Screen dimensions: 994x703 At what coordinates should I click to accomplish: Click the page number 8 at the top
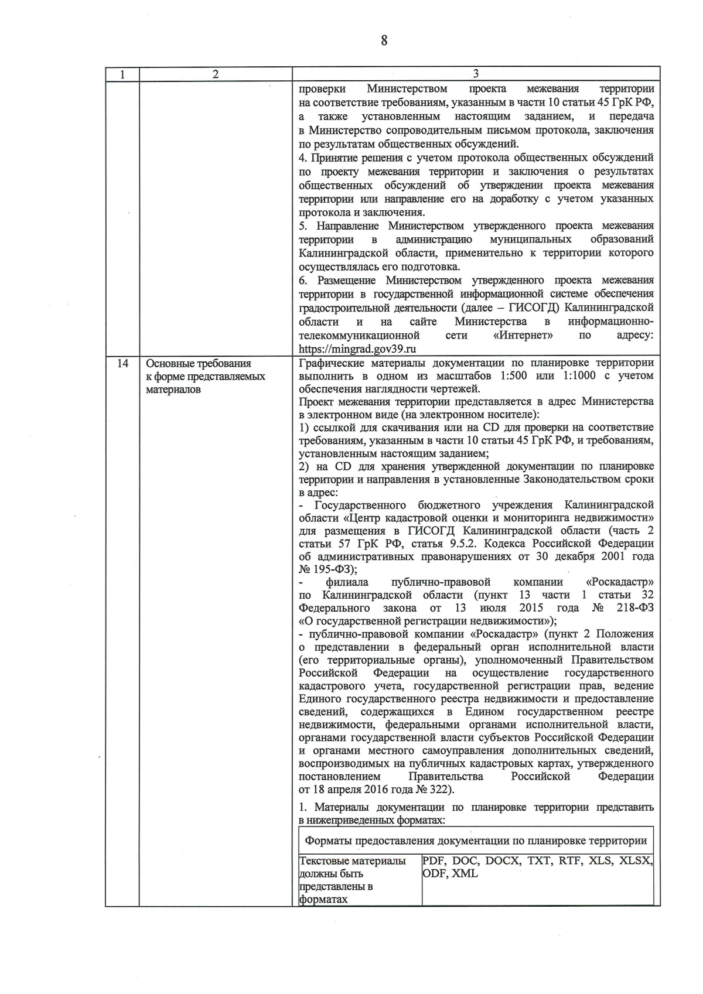[384, 40]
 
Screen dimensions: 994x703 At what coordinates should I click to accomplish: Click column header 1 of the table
[122, 74]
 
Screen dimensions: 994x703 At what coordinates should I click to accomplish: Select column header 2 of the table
[216, 74]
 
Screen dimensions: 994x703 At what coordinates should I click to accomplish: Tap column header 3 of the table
[476, 74]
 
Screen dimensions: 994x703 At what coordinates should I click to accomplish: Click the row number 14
[122, 364]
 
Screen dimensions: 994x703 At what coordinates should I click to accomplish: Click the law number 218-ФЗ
[635, 608]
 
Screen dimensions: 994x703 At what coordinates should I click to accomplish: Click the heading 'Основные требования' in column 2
[198, 364]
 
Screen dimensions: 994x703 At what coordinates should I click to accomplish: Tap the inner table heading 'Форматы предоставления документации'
[475, 841]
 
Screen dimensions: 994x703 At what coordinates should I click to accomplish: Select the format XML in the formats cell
[465, 873]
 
